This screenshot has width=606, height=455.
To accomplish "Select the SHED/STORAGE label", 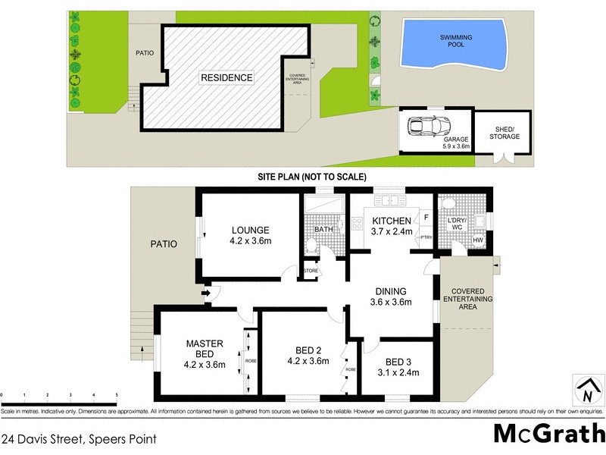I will (x=502, y=132).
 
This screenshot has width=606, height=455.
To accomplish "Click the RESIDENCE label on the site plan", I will (x=226, y=77).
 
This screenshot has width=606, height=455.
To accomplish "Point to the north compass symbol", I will (x=586, y=392).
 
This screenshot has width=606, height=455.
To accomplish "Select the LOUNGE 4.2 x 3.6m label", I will (x=251, y=235).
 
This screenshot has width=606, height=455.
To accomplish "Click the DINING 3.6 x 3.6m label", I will (x=389, y=297).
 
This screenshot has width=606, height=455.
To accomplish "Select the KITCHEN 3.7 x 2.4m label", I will (x=391, y=225).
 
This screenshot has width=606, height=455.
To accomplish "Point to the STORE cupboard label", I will (x=311, y=270).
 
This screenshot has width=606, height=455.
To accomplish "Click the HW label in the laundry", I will (x=478, y=240).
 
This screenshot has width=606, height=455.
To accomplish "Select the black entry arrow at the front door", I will (x=206, y=294).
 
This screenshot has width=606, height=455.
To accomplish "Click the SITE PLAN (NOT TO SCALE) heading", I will (x=311, y=176).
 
